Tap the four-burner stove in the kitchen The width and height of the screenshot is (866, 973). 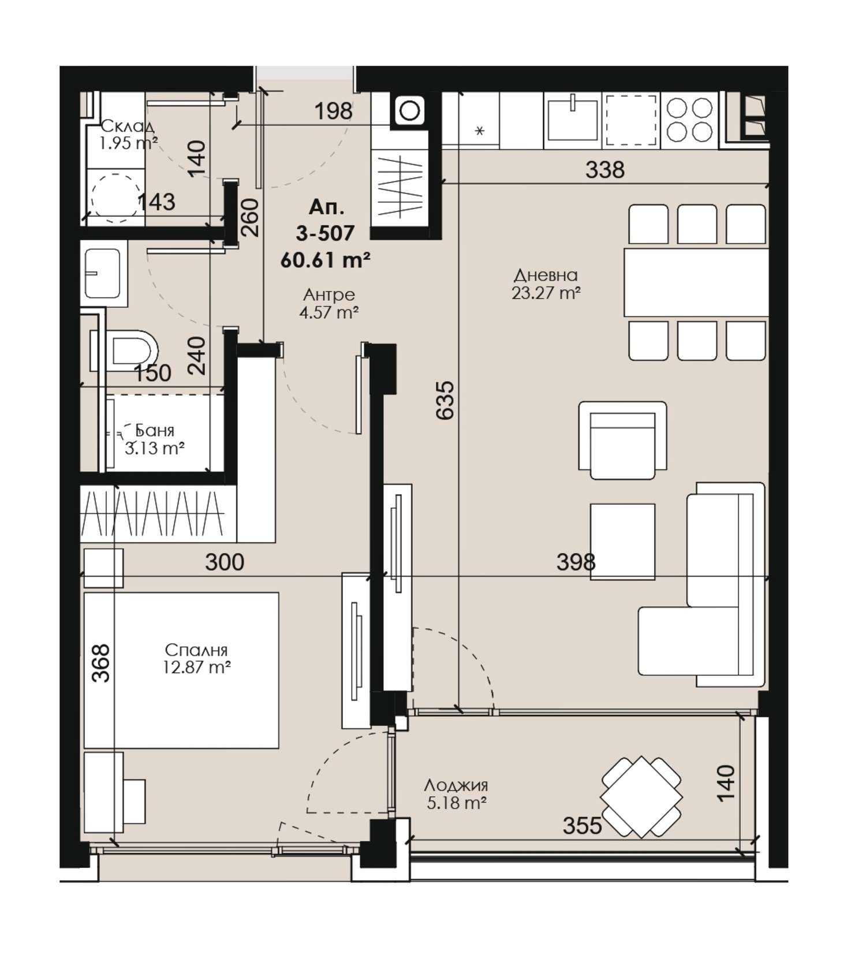689,120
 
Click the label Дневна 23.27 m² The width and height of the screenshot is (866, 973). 546,284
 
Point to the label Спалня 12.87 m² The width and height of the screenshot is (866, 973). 197,659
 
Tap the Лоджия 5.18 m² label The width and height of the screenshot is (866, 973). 456,794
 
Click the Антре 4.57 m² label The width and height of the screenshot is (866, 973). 329,303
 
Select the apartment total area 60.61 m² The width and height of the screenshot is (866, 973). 325,260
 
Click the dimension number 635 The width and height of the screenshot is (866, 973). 446,400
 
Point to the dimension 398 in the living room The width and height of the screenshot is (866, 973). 576,561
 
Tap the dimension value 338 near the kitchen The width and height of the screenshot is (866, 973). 605,170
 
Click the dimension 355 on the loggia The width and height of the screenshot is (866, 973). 583,826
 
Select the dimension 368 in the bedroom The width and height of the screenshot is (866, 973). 101,663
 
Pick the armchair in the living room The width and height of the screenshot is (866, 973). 622,440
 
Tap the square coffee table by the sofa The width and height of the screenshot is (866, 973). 622,541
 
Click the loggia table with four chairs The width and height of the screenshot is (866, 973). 641,797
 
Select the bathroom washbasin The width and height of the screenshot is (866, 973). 104,273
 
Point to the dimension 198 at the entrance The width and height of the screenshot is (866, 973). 333,111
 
